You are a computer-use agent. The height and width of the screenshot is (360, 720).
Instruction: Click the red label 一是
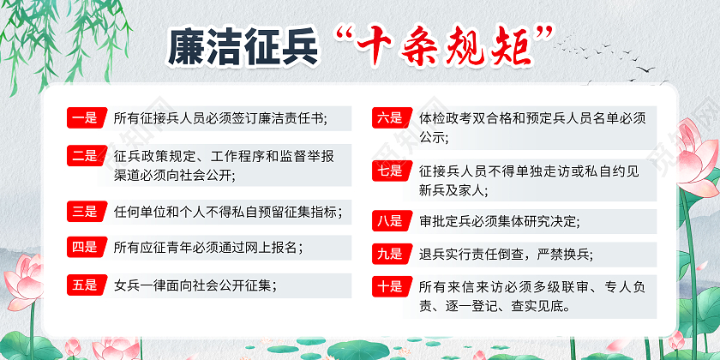[84, 118]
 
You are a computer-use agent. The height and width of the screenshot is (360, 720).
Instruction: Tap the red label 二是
[84, 155]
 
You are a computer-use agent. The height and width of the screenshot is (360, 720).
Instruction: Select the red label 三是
[84, 210]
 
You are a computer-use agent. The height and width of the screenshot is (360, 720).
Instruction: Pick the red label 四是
[84, 248]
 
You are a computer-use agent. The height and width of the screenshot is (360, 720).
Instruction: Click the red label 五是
[84, 285]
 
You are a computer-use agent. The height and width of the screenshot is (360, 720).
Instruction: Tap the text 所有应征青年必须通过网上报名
[207, 248]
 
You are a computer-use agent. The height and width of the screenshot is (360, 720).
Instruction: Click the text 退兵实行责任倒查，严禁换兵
[505, 253]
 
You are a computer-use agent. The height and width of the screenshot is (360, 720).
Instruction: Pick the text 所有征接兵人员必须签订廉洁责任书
[220, 118]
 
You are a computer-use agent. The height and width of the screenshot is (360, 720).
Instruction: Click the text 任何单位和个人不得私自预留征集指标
[227, 210]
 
